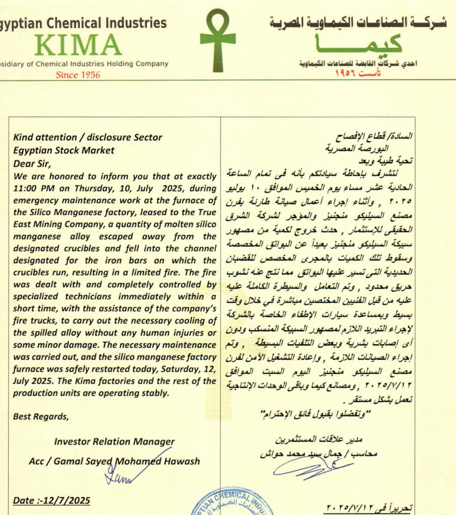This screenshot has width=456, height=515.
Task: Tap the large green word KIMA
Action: tap(79, 45)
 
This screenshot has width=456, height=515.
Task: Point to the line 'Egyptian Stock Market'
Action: tap(64, 150)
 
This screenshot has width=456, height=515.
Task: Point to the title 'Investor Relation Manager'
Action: tap(114, 441)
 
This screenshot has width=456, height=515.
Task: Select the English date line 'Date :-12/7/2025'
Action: tap(51, 500)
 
